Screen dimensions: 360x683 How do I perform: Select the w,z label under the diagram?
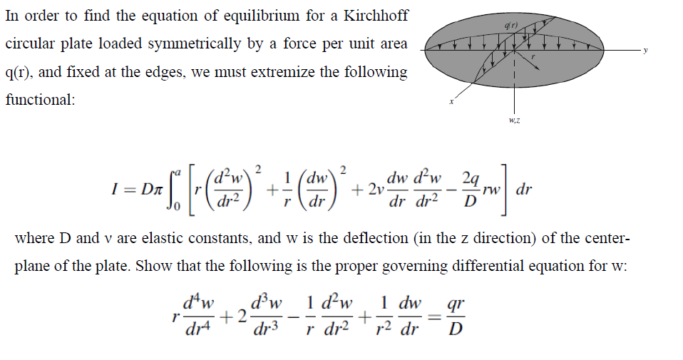[x=514, y=120]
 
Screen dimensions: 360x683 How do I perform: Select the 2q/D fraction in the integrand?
[x=468, y=189]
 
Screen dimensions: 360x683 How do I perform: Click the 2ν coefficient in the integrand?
[x=370, y=190]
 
